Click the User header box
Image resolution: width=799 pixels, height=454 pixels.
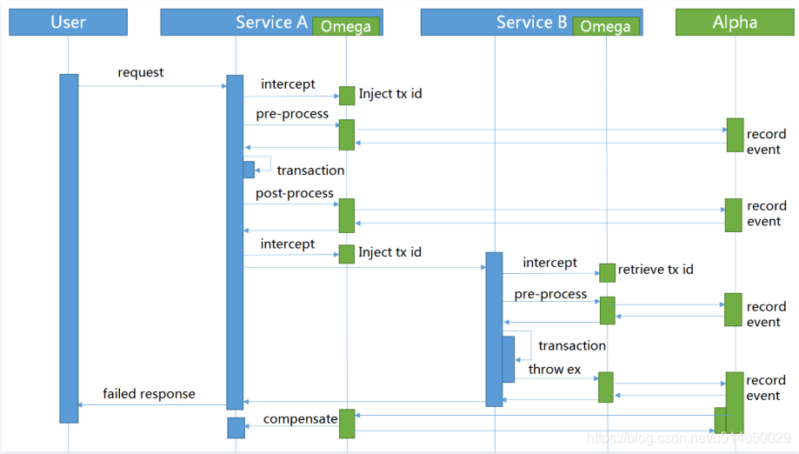(68, 23)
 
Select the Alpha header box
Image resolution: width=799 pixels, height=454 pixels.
(734, 23)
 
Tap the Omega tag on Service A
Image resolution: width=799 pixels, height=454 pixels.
(346, 26)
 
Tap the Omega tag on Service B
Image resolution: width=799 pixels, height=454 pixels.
(605, 26)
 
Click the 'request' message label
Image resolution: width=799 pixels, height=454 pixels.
(141, 73)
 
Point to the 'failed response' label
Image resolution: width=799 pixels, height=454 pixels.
(149, 394)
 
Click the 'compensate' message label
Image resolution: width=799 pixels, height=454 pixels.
(300, 419)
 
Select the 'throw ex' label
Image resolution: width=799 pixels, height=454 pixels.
(554, 370)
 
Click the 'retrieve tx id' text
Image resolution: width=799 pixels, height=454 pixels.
(656, 270)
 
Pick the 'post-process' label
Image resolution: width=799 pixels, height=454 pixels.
(294, 193)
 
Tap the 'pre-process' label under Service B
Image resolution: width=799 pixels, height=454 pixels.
(550, 294)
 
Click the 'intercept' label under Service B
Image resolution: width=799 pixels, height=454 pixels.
(549, 263)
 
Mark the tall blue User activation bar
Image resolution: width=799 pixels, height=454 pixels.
(69, 248)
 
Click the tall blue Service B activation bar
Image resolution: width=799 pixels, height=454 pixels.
(494, 329)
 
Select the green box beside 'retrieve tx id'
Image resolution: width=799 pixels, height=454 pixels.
(607, 272)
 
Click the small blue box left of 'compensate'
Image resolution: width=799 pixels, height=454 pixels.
(236, 427)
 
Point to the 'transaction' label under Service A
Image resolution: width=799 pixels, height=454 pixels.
(310, 170)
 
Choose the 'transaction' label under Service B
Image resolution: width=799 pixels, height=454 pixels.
(571, 345)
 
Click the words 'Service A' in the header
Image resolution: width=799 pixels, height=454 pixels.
(271, 23)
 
